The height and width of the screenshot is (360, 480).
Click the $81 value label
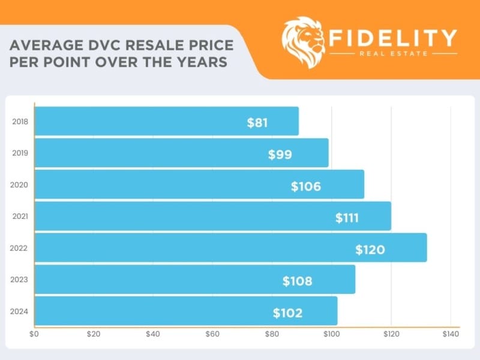pos(257,123)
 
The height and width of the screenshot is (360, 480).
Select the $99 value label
pos(280,155)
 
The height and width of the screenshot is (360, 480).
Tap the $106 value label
pos(306,187)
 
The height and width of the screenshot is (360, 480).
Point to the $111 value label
pos(347,218)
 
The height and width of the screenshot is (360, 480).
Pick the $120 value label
pos(370,250)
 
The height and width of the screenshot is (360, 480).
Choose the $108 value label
pos(298,281)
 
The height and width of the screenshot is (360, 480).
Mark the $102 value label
pos(287,313)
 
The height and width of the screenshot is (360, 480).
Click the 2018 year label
pos(20,122)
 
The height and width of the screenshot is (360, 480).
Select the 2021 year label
pos(20,216)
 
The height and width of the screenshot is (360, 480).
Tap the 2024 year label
pos(20,311)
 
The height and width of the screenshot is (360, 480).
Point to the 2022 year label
pos(20,248)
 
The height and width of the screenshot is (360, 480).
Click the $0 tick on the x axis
pos(34,334)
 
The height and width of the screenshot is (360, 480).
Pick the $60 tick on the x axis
pos(212,334)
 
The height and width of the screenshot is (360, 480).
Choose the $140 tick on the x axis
pos(450,334)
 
